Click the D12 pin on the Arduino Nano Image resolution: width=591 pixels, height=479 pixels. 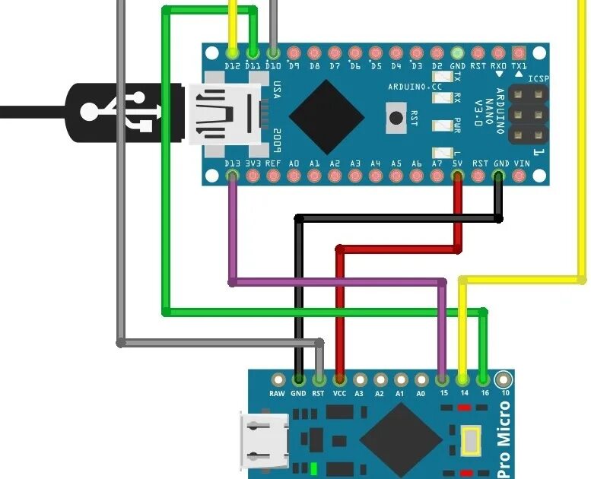tap(233, 53)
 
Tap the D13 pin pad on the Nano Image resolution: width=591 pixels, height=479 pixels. tap(233, 177)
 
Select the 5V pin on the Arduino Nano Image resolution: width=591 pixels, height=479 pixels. tap(457, 177)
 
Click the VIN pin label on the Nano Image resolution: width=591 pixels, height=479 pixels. tap(522, 163)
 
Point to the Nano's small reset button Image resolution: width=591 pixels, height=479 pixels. tap(396, 118)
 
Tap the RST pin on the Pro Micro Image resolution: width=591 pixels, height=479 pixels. tap(319, 379)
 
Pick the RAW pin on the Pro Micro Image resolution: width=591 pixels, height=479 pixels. tap(278, 379)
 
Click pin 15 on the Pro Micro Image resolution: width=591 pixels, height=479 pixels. tap(443, 379)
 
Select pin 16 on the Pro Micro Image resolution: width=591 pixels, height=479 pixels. tap(484, 379)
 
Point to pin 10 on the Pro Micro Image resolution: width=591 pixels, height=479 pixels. tap(504, 379)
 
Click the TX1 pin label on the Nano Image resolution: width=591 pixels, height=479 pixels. tap(519, 66)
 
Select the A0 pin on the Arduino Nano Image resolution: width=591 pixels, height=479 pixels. tap(294, 177)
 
